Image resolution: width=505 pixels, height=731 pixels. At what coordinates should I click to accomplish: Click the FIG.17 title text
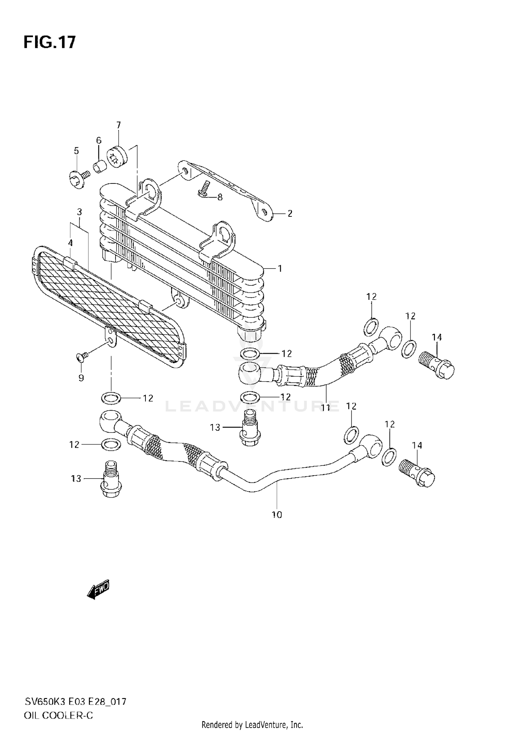(49, 43)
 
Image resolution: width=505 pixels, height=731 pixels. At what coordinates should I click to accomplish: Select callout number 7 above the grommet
(118, 126)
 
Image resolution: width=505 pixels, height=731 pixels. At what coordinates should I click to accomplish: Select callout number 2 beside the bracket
(290, 213)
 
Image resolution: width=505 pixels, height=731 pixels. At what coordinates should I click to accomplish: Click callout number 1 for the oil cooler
(279, 269)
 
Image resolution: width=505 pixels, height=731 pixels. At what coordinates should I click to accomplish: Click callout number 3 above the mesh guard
(79, 212)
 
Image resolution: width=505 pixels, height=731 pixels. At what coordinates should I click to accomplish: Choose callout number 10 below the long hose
(277, 515)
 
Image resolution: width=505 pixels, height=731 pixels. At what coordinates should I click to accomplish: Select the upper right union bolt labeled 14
(437, 365)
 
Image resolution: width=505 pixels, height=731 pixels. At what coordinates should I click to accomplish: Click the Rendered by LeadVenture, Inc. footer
(252, 724)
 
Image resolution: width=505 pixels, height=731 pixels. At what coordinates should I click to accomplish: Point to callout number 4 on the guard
(70, 243)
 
